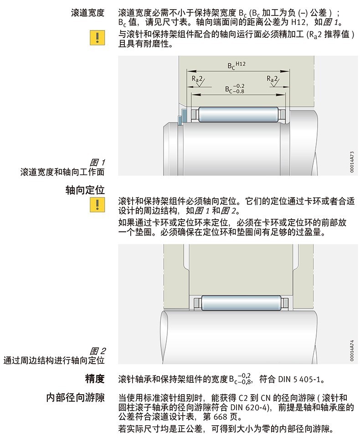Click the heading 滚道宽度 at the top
[x=88, y=12]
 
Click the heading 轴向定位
[x=85, y=190]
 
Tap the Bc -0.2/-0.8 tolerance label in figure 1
[x=234, y=88]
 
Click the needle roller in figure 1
[x=237, y=113]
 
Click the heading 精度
[x=95, y=378]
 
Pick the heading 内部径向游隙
[x=76, y=397]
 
